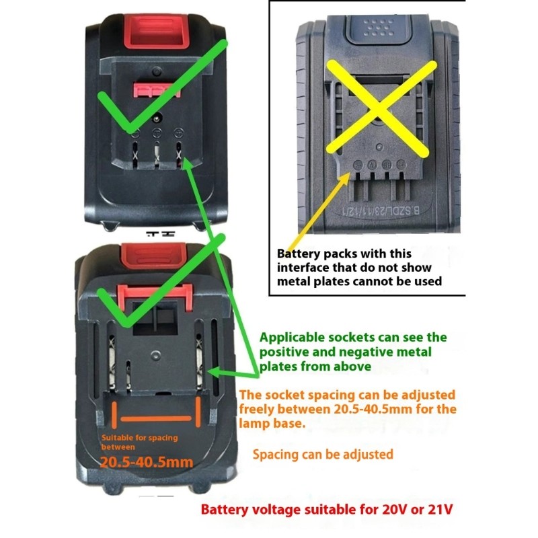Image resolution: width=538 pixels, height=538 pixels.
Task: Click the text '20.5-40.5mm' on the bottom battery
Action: coord(147,462)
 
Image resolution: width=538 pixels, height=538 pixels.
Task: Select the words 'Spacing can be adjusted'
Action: coord(323,455)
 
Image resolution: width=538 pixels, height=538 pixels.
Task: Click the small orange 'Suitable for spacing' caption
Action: coord(140,438)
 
